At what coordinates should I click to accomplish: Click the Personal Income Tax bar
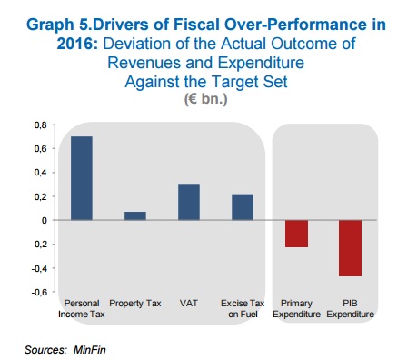pos(82,178)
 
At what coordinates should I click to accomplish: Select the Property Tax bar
pos(135,215)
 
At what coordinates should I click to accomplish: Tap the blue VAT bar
pos(189,202)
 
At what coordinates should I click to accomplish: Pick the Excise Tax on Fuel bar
pos(243,207)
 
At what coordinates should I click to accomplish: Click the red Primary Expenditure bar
pos(296,234)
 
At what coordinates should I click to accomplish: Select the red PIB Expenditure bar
pos(350,248)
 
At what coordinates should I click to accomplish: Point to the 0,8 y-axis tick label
pos(41,125)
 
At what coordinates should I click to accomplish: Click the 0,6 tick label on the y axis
pos(41,149)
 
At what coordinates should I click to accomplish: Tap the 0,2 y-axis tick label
pos(41,196)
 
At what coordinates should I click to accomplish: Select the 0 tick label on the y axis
pos(45,220)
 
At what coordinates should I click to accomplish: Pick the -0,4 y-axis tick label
pos(39,268)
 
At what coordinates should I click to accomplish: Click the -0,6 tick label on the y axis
pos(39,292)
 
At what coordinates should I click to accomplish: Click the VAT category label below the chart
pos(189,303)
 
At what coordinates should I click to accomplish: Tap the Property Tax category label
pos(135,304)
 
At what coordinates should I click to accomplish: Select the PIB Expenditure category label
pos(350,308)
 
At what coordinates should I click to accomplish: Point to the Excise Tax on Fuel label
pos(243,308)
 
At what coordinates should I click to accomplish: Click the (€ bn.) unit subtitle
pos(206,99)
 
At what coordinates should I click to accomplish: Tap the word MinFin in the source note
pos(90,350)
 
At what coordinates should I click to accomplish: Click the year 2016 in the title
pos(77,44)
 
